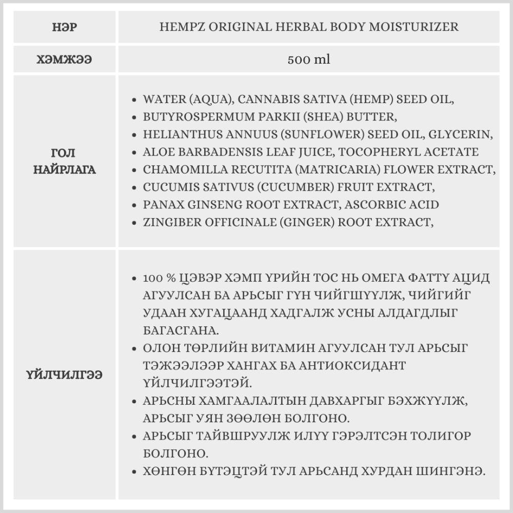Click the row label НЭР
(65, 27)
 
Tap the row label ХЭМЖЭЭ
(65, 60)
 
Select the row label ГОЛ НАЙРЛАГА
(65, 161)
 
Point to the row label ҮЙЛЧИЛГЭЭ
(65, 375)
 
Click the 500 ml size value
(309, 60)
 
